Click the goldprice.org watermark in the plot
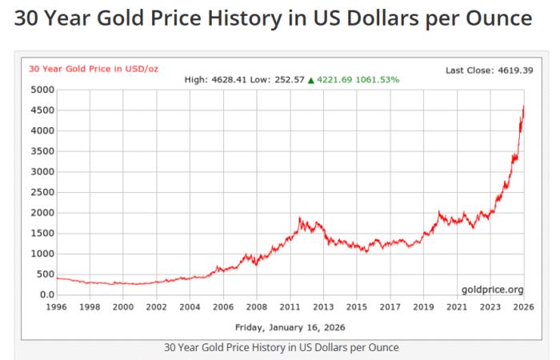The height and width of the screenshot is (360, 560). [x=492, y=289]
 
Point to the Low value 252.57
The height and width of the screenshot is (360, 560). [x=290, y=80]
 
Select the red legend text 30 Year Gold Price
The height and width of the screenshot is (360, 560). [x=94, y=69]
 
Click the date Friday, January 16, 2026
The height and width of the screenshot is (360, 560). [x=290, y=326]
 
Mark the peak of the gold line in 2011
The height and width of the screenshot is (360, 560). [x=299, y=218]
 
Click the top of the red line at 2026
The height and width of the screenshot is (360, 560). [x=524, y=106]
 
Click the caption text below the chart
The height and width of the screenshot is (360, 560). [x=281, y=347]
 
